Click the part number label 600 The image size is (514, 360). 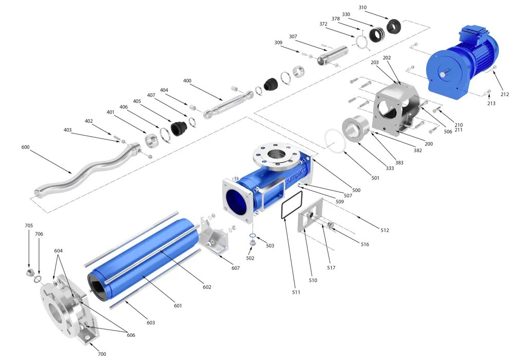pos(26,147)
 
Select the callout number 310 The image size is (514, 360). pos(363,8)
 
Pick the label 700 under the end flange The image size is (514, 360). pos(102,354)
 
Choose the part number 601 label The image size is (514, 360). pos(178,306)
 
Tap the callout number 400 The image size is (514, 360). pos(187,81)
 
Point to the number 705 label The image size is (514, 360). pos(29,225)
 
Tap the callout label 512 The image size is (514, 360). pos(385,230)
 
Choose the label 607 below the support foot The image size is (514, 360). pos(235,268)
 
